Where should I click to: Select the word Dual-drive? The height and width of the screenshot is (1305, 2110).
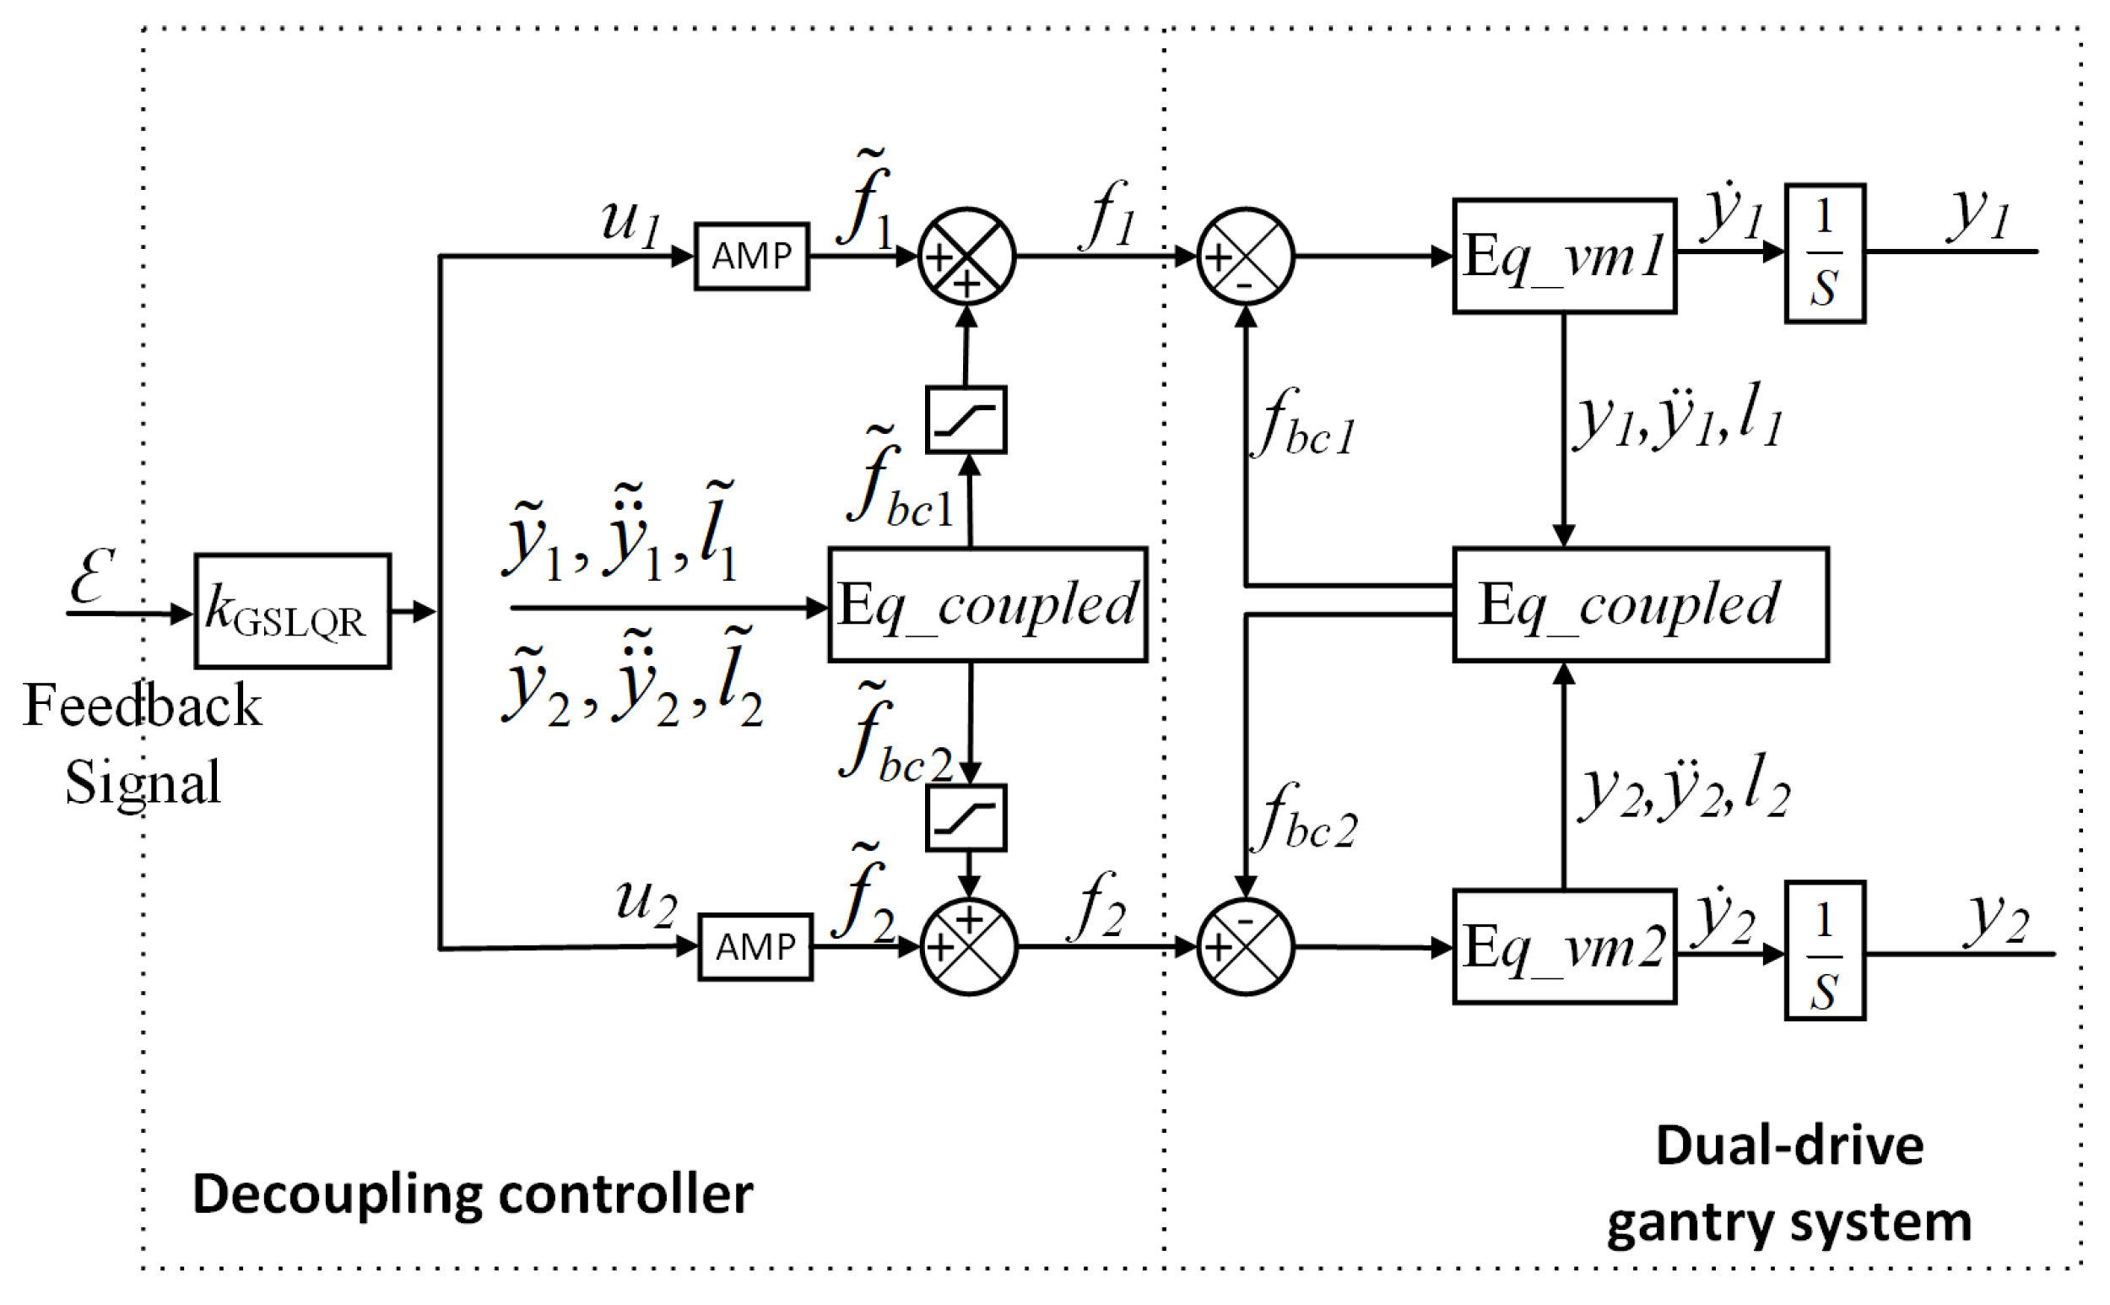pos(1790,1146)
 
